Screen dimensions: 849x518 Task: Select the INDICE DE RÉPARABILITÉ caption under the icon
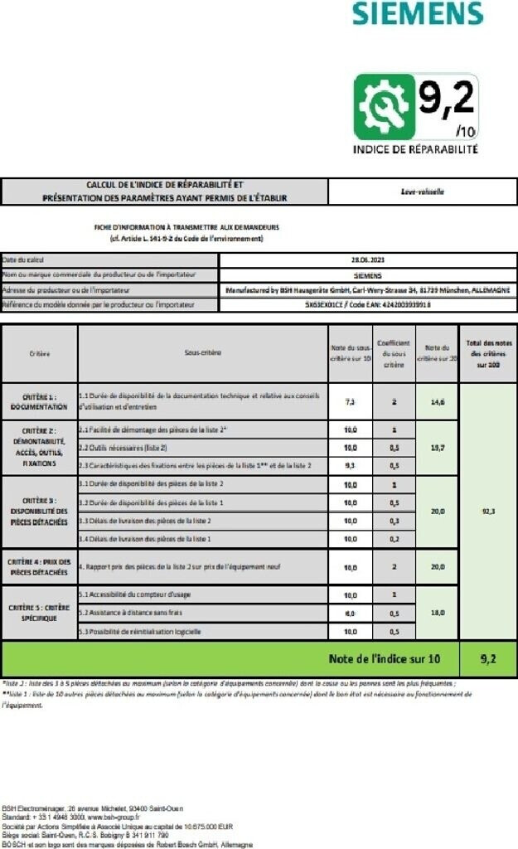point(415,150)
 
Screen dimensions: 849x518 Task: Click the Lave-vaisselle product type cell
point(422,192)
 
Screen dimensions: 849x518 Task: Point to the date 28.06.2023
point(368,260)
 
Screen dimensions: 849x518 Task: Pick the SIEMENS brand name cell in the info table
point(368,274)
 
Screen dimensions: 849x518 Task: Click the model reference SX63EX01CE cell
point(368,304)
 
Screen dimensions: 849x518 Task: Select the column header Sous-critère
point(203,352)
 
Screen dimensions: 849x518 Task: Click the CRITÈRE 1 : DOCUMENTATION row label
point(39,402)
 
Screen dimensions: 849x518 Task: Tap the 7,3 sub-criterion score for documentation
point(351,401)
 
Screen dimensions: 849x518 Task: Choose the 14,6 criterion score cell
point(437,401)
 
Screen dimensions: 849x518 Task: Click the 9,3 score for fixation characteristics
point(351,466)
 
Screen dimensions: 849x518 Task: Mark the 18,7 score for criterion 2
point(437,448)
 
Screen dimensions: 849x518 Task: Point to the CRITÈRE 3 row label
point(39,512)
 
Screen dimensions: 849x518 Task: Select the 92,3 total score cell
point(488,512)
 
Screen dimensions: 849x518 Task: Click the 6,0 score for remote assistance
point(351,614)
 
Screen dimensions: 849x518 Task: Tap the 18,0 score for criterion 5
point(437,613)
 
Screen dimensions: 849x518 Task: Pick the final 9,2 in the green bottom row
point(488,659)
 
